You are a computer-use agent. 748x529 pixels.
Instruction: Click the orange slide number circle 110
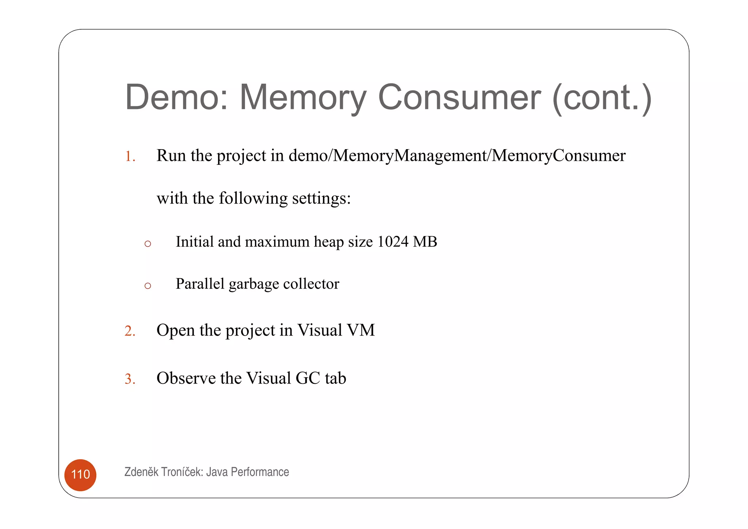coord(80,475)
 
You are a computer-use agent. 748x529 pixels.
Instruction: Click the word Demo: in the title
coord(177,97)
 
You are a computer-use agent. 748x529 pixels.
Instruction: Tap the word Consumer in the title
coord(459,97)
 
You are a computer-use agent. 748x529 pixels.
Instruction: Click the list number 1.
coord(130,156)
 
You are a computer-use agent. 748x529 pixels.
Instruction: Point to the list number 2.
coord(130,331)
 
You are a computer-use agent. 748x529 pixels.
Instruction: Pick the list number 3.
coord(130,379)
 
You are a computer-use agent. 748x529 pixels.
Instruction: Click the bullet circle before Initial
coord(148,244)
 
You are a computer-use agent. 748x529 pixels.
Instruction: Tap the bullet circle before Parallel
coord(148,286)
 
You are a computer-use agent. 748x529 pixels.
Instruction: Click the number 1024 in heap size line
coord(393,242)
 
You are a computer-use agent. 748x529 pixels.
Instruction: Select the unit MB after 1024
coord(425,242)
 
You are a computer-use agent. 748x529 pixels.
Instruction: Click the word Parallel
coord(200,284)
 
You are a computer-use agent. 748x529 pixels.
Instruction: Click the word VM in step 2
coord(360,330)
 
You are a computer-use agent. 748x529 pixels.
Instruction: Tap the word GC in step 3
coord(308,378)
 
